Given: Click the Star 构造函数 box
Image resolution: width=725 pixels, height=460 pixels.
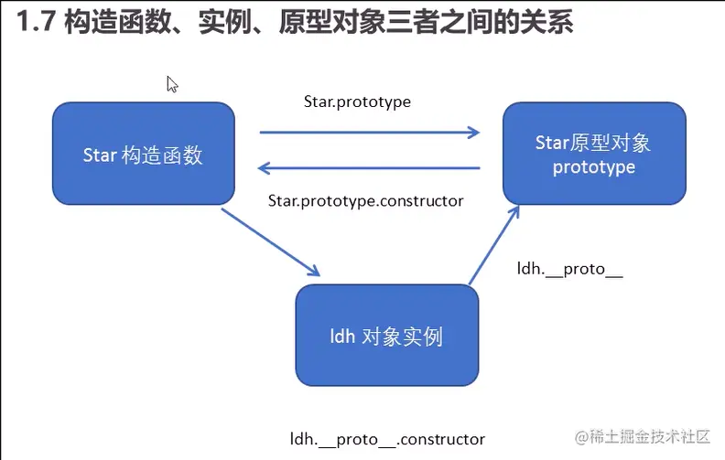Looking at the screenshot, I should (143, 154).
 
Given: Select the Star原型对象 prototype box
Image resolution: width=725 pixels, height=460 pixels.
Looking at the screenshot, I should (593, 154).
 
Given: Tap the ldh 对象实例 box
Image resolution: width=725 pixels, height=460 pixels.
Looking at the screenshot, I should (386, 336).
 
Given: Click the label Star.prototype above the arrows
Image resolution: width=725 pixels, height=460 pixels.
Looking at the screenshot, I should (357, 102).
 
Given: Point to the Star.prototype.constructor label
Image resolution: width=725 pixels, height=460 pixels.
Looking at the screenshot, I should (365, 200).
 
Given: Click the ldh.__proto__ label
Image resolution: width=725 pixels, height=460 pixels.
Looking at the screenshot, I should (570, 271).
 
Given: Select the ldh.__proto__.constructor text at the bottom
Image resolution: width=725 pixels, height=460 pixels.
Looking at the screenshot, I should (387, 439).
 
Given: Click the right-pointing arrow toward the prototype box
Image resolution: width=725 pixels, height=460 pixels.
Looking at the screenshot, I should (370, 133).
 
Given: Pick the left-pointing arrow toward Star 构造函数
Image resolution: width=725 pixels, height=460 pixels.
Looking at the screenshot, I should (370, 167).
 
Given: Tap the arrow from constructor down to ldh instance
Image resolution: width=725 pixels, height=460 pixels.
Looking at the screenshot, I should (271, 242).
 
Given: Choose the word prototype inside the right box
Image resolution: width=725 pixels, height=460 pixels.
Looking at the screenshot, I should (593, 167).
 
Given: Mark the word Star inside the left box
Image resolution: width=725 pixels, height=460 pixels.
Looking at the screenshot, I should (100, 155).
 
